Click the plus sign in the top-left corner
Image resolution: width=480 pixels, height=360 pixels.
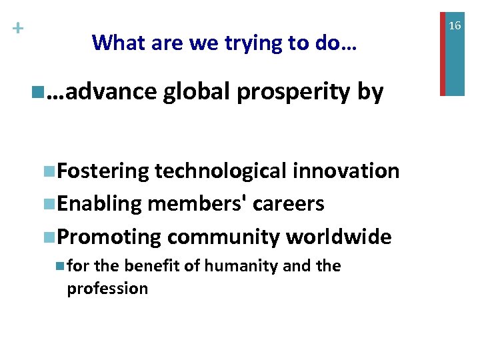coord(18,29)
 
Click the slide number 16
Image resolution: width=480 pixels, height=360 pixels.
coord(455,25)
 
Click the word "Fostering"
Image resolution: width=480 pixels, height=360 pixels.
coord(103,172)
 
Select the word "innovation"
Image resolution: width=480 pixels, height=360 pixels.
coord(346,171)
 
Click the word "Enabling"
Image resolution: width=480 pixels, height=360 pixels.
coord(100,204)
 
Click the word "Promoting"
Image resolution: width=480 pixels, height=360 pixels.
coord(109,237)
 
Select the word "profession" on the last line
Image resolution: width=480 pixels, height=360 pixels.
coord(107,289)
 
